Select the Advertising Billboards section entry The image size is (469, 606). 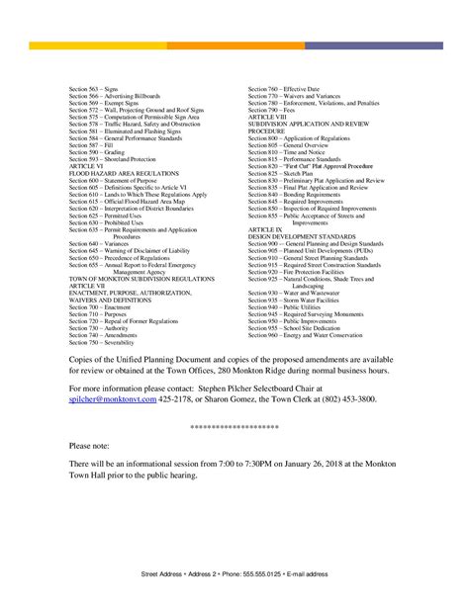coord(110,96)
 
